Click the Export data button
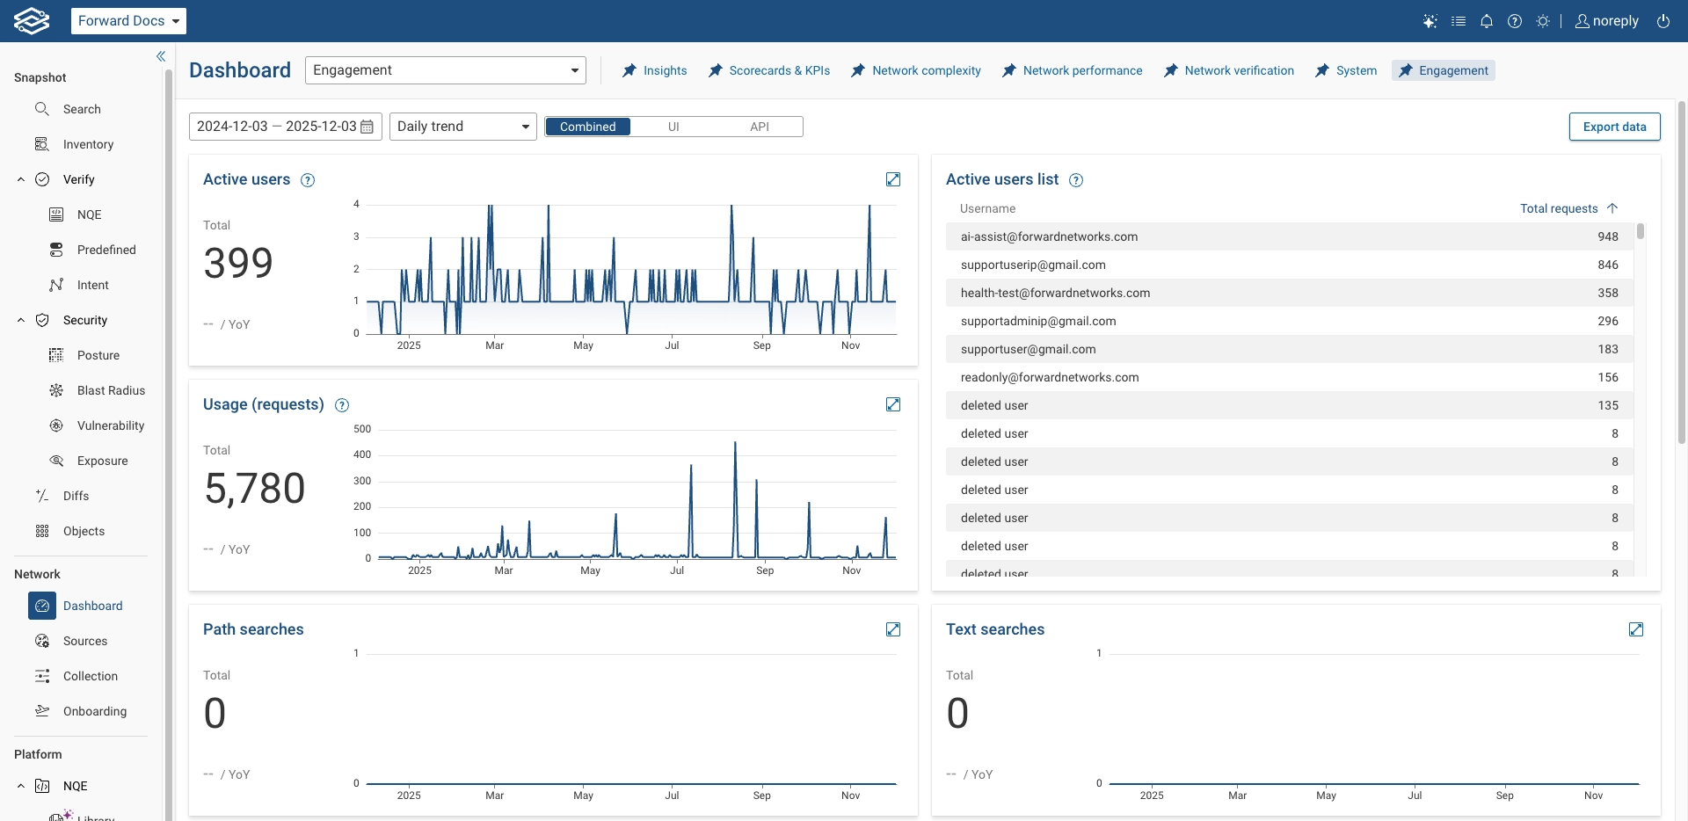click(1614, 127)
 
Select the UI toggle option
click(673, 127)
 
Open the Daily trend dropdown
click(462, 127)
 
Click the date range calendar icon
click(367, 127)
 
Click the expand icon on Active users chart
click(893, 179)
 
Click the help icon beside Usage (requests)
click(342, 405)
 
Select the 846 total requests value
click(1607, 265)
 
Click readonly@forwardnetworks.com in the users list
click(1049, 377)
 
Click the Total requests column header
click(1559, 208)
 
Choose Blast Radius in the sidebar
click(111, 390)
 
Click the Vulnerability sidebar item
click(110, 425)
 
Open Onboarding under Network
click(94, 711)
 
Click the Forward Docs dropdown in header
click(128, 21)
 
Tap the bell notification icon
click(1487, 21)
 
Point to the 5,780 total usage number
click(255, 489)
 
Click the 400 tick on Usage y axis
click(362, 454)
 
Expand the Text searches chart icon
click(1636, 629)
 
